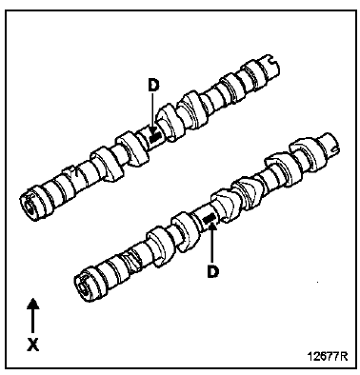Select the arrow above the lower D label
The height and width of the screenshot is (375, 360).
[211, 243]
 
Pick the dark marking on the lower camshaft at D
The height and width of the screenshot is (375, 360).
[211, 222]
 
